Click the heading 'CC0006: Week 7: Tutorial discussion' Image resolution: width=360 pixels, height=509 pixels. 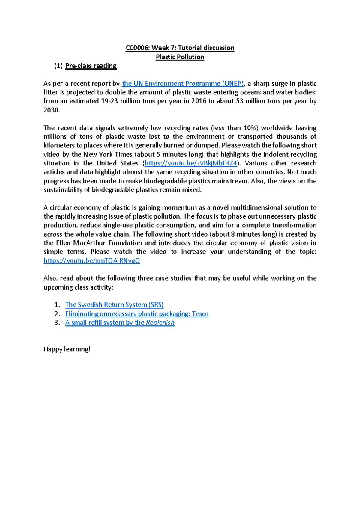click(180, 48)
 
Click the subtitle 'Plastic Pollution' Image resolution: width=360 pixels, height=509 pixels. click(180, 57)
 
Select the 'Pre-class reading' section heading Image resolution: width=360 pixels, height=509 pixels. click(91, 66)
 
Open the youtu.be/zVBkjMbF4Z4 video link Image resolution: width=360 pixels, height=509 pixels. click(191, 163)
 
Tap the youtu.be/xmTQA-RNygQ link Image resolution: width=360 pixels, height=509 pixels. click(92, 260)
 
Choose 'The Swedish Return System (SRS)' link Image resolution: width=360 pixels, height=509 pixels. click(114, 305)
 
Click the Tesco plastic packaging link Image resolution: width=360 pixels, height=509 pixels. click(137, 314)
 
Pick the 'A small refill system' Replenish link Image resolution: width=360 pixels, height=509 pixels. click(120, 323)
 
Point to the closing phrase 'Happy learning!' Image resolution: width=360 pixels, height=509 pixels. click(67, 349)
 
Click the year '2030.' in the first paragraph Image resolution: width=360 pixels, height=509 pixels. click(52, 110)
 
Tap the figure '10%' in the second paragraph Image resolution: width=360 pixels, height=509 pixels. click(250, 128)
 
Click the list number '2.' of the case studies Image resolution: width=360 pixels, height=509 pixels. click(57, 314)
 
